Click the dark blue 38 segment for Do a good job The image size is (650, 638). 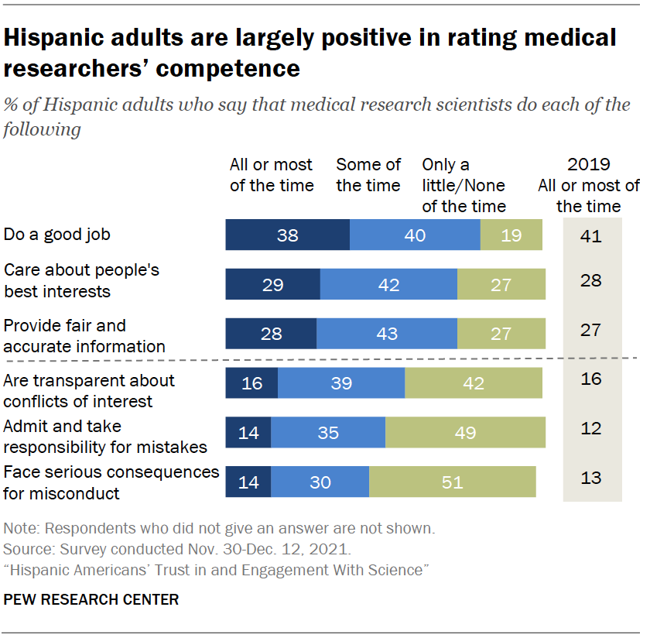tap(287, 235)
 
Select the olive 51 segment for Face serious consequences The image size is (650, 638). tap(452, 482)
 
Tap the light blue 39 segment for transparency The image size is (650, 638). tap(341, 383)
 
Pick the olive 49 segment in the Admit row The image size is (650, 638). tap(465, 432)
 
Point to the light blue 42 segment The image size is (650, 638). tap(388, 284)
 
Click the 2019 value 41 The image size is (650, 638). tap(591, 235)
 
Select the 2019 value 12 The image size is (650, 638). tap(591, 428)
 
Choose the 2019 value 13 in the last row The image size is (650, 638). tap(591, 478)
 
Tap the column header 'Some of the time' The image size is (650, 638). tap(368, 175)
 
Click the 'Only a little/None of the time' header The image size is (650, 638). tap(464, 185)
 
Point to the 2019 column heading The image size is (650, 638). tap(590, 185)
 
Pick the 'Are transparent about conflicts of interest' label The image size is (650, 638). tap(89, 390)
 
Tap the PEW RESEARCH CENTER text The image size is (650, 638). tap(91, 599)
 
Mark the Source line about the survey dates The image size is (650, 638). tap(177, 550)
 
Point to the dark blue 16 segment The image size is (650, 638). tap(251, 383)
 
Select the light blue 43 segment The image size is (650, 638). tap(386, 334)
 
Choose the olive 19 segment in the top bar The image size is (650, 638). tap(511, 235)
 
